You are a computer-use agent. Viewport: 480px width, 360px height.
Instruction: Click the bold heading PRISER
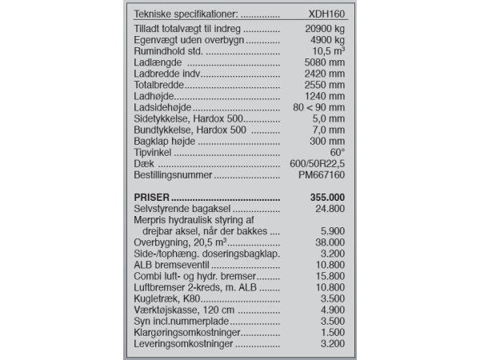tap(152, 197)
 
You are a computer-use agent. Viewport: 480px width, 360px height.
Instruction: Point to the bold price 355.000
tap(326, 197)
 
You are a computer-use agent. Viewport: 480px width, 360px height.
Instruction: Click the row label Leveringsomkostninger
tap(183, 343)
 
